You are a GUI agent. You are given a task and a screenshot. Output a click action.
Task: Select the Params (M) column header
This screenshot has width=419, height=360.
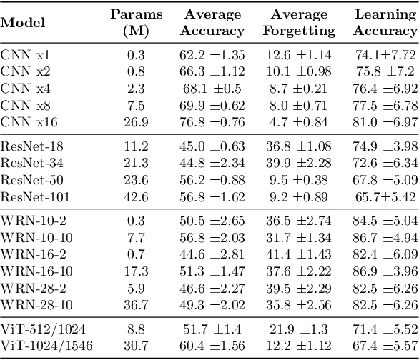136,22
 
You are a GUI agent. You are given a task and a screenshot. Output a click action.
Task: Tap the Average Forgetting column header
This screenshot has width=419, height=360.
298,22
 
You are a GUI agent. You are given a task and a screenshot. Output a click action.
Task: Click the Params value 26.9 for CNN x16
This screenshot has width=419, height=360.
136,121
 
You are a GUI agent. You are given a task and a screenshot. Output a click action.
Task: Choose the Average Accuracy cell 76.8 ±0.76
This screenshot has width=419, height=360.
212,121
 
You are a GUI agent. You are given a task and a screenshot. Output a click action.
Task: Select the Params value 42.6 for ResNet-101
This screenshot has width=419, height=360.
136,195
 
